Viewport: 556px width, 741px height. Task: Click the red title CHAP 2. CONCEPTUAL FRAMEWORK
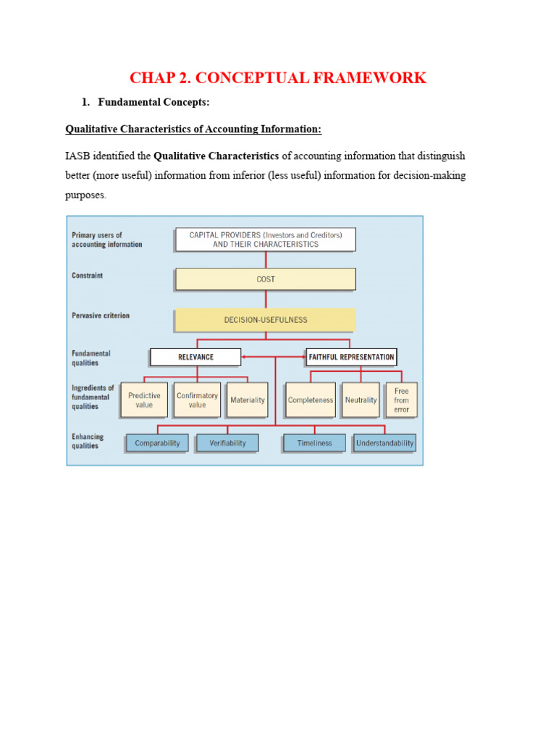coord(277,77)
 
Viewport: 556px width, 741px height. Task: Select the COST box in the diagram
coord(265,279)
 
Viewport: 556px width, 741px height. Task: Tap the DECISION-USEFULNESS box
coord(265,319)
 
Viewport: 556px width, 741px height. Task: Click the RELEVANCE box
coord(195,357)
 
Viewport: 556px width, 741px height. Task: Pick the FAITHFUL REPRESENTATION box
coord(351,357)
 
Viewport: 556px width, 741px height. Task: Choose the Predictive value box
coord(144,400)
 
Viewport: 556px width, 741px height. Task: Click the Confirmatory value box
coord(197,400)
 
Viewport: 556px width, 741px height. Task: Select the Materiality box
coord(247,400)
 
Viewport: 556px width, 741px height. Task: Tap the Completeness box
coord(311,400)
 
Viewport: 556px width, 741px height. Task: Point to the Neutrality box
coord(361,400)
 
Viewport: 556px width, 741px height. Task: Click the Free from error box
coord(401,400)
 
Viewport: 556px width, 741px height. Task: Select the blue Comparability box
coord(157,443)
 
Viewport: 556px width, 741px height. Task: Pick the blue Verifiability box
coord(227,443)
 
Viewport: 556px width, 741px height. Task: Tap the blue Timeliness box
coord(314,443)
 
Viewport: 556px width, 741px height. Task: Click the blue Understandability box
coord(384,443)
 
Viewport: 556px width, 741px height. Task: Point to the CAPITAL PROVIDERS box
coord(265,240)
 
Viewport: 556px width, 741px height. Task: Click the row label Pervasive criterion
coord(101,316)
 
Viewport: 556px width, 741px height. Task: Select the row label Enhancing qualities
coord(88,441)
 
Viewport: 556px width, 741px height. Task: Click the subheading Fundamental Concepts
coord(153,102)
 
